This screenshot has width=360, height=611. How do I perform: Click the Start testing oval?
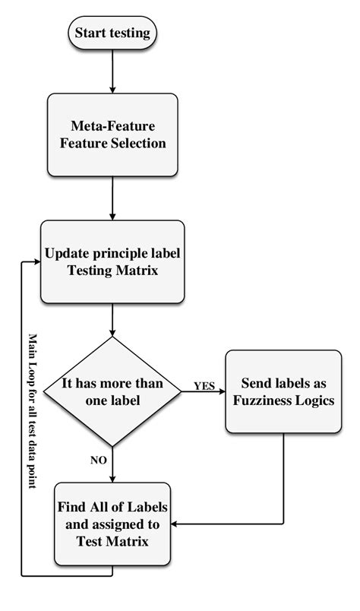pyautogui.click(x=112, y=33)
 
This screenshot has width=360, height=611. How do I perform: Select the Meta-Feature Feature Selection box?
pyautogui.click(x=112, y=132)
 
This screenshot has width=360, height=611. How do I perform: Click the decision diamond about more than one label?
pyautogui.click(x=112, y=392)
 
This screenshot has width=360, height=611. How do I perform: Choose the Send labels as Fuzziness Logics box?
pyautogui.click(x=283, y=392)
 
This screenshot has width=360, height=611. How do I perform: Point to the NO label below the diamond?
pyautogui.click(x=97, y=459)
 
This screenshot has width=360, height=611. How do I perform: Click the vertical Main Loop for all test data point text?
pyautogui.click(x=33, y=410)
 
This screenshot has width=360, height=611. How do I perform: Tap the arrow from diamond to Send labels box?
pyautogui.click(x=204, y=393)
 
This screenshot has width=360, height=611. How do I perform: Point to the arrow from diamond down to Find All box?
pyautogui.click(x=112, y=464)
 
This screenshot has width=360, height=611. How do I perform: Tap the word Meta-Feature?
pyautogui.click(x=113, y=124)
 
